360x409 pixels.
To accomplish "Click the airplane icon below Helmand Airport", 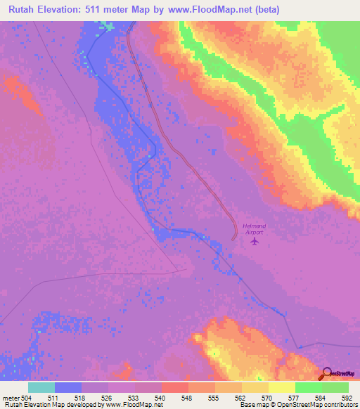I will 254,242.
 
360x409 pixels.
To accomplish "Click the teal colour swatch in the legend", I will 41,387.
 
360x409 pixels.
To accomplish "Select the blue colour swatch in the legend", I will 68,387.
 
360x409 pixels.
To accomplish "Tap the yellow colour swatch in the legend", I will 282,387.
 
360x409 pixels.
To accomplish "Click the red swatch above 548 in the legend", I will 175,387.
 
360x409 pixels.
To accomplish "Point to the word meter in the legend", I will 10,397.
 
